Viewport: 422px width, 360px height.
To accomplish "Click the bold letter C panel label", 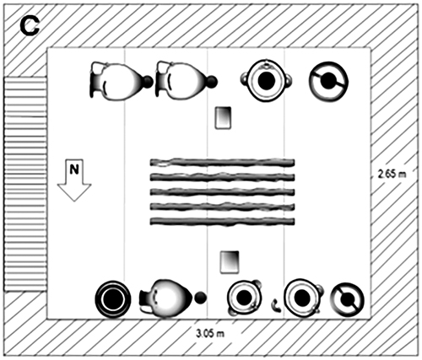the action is [x=30, y=27].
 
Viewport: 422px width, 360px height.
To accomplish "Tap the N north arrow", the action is [x=74, y=180].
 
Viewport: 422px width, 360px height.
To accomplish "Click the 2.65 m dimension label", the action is [x=392, y=174].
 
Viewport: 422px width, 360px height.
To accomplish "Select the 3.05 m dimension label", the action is [x=210, y=334].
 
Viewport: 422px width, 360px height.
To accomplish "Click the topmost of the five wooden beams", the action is [x=222, y=163].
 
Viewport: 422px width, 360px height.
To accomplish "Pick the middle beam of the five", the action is [x=222, y=192].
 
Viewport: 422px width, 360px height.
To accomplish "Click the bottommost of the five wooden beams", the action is [x=222, y=222].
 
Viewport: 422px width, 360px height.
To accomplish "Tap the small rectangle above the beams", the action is [x=223, y=118].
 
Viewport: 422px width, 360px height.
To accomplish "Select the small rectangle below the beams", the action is [x=230, y=262].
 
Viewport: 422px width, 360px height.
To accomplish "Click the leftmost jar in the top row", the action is [x=118, y=81].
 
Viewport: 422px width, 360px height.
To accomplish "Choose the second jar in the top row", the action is [x=183, y=80].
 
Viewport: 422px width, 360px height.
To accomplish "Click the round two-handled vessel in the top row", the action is [x=266, y=81].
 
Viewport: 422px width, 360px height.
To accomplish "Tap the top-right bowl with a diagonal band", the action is [x=328, y=81].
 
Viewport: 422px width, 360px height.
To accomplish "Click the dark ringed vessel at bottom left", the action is [x=112, y=299].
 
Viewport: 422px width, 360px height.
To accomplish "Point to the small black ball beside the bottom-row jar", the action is [x=200, y=298].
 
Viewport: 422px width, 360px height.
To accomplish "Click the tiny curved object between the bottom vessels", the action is [x=276, y=305].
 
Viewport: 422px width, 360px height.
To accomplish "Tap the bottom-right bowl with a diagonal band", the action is [x=347, y=299].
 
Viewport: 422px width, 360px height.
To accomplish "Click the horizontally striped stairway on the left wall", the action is [x=24, y=184].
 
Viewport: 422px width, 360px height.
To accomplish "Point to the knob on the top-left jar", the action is [x=148, y=81].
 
